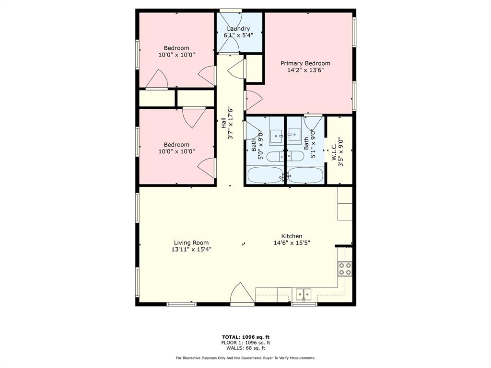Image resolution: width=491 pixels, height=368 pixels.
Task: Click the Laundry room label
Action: pyautogui.click(x=238, y=29)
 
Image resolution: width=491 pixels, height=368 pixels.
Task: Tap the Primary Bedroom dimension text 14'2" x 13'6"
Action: pyautogui.click(x=305, y=70)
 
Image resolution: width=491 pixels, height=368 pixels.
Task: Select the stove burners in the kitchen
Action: pyautogui.click(x=345, y=268)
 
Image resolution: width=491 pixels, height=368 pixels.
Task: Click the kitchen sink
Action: pyautogui.click(x=304, y=293)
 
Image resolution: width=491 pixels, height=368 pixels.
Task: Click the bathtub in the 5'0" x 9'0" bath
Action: pyautogui.click(x=265, y=175)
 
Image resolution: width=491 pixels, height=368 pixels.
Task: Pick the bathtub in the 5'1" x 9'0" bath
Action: pyautogui.click(x=306, y=175)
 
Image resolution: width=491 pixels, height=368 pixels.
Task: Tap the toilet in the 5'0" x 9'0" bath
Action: pyautogui.click(x=276, y=156)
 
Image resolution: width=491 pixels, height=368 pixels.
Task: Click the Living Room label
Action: pyautogui.click(x=191, y=243)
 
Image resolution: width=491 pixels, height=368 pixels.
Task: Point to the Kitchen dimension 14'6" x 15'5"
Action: pyautogui.click(x=292, y=243)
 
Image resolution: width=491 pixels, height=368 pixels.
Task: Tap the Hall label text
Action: pyautogui.click(x=223, y=123)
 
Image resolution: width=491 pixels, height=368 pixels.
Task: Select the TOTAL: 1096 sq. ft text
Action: pyautogui.click(x=245, y=336)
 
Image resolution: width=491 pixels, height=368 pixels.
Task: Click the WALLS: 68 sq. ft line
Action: pyautogui.click(x=245, y=348)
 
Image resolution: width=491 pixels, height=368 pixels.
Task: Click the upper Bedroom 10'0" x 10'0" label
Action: pyautogui.click(x=176, y=48)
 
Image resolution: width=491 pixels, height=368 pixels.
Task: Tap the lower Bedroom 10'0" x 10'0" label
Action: pyautogui.click(x=176, y=145)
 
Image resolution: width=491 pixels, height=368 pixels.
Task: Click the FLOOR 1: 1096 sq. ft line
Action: pyautogui.click(x=245, y=343)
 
